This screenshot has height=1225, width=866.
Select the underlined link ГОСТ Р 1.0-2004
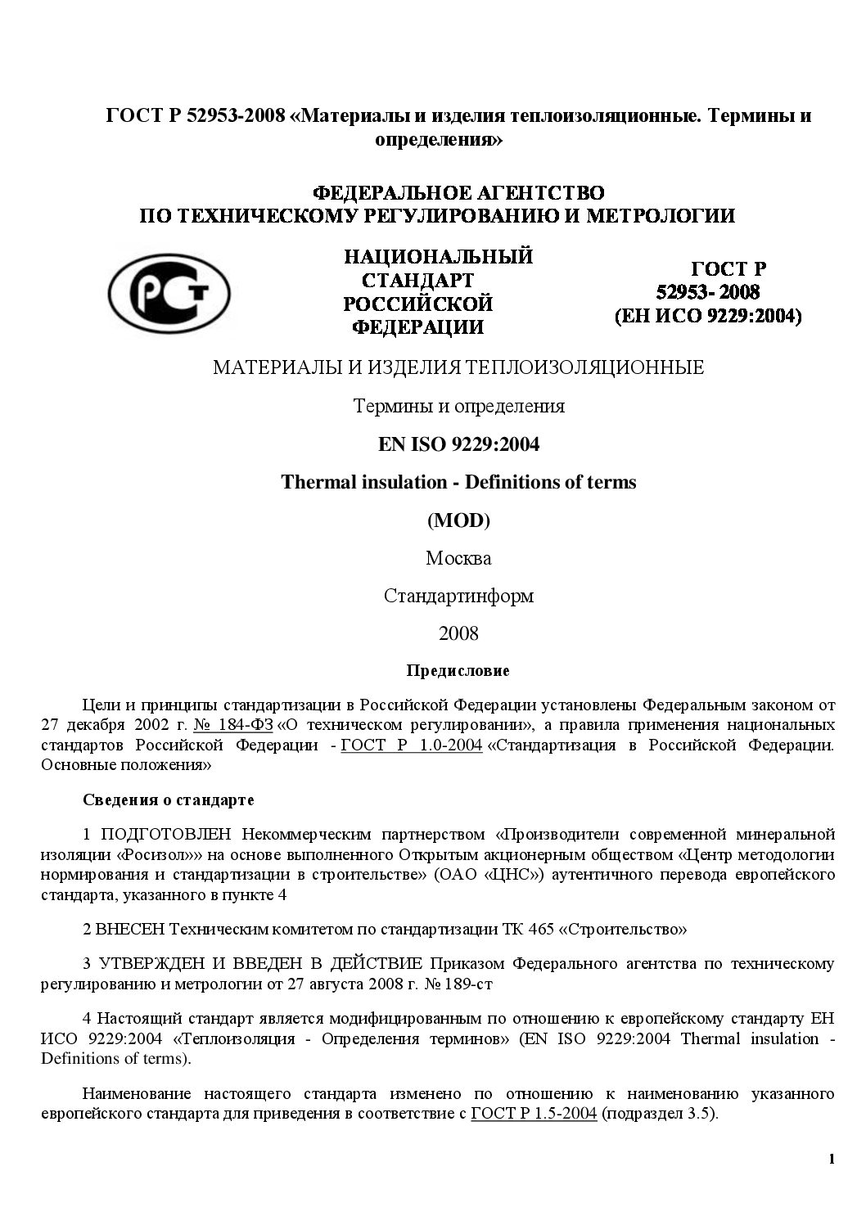(x=411, y=745)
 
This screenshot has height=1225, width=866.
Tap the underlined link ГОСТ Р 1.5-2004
(x=534, y=1113)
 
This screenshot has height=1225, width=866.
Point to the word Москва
(x=458, y=558)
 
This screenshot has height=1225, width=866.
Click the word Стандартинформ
(x=458, y=596)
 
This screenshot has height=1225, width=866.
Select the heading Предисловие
(x=458, y=671)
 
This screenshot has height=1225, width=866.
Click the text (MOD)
(x=458, y=520)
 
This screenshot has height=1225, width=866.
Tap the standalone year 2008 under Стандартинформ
(x=458, y=633)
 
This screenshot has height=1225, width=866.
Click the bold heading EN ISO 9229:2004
(x=458, y=444)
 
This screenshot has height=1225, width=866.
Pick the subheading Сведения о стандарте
(x=169, y=799)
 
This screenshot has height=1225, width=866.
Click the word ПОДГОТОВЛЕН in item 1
(x=167, y=834)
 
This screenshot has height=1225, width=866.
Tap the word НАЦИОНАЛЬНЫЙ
(x=439, y=257)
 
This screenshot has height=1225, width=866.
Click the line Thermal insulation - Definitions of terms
(x=458, y=482)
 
